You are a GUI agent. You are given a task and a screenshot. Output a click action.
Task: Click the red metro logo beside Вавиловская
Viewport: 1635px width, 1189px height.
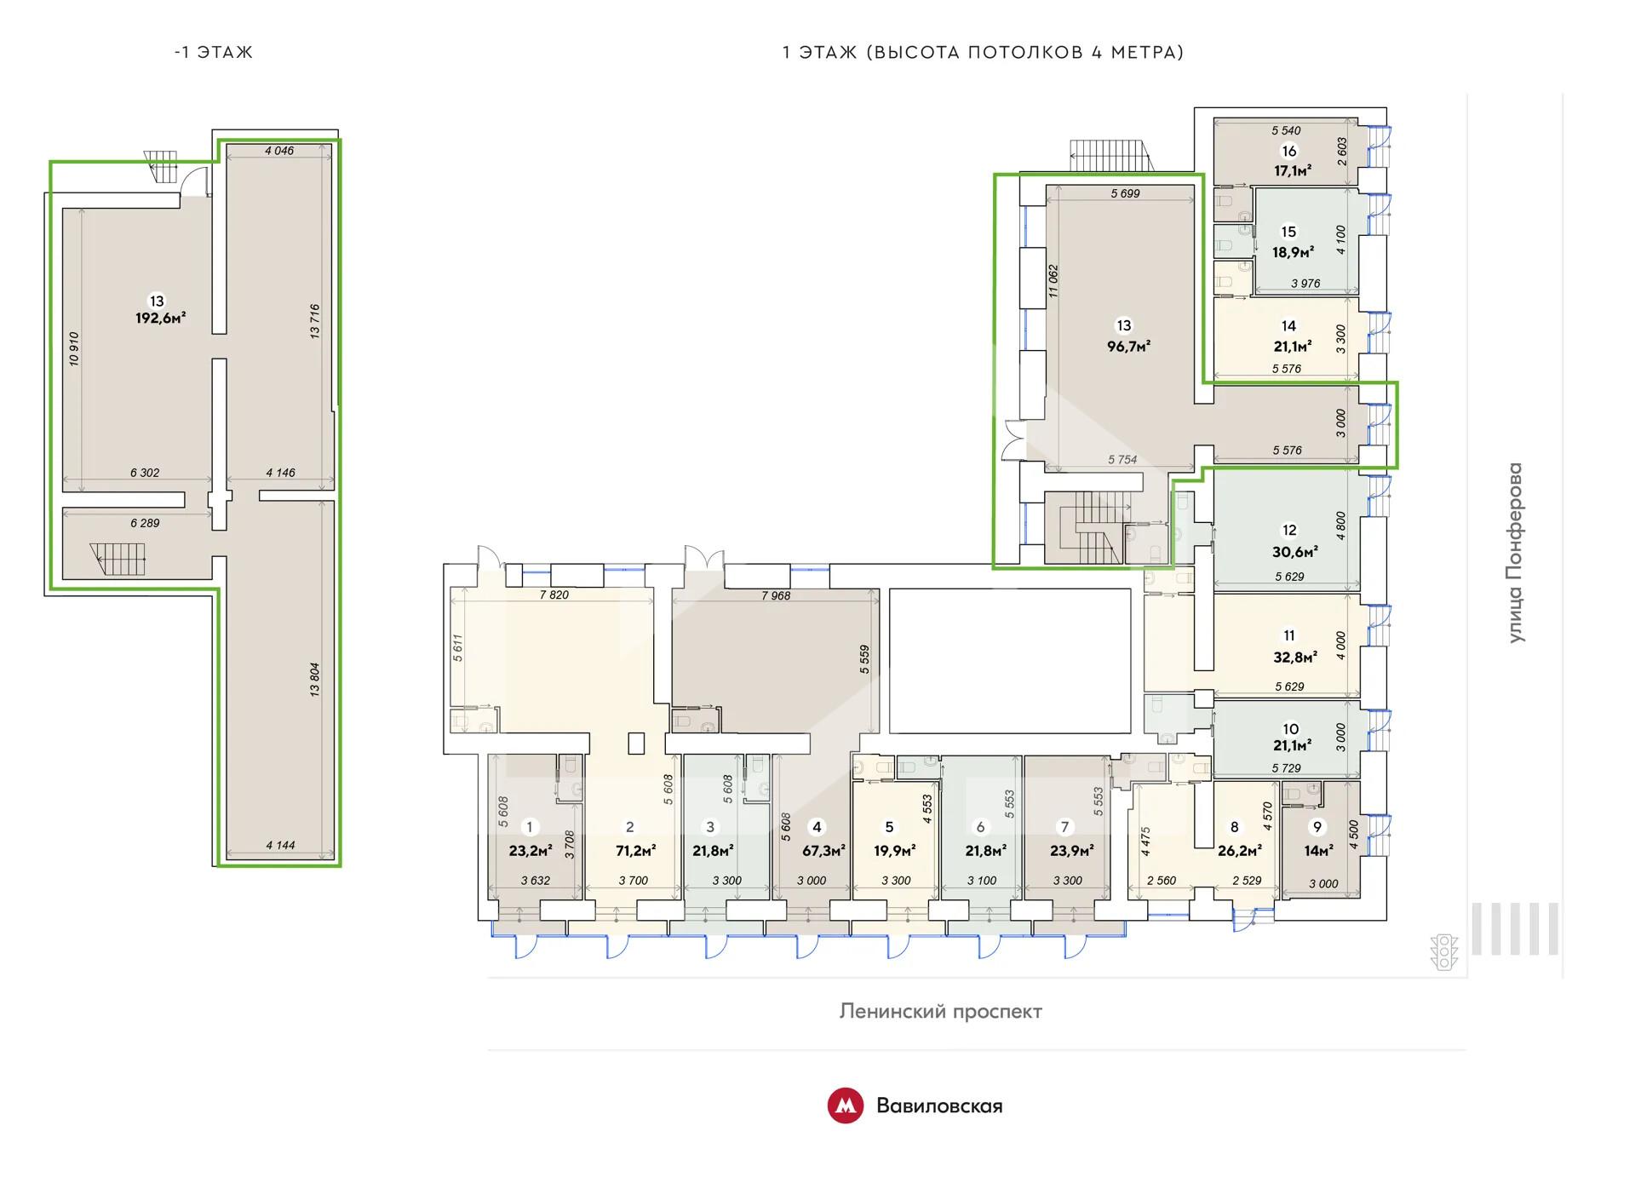click(x=846, y=1106)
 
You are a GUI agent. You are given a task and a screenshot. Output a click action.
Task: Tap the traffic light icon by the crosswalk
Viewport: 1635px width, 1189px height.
click(x=1444, y=952)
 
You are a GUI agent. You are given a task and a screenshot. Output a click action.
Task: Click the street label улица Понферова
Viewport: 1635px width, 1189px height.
click(x=1515, y=553)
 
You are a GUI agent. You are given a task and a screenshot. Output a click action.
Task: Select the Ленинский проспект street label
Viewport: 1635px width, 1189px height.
click(x=940, y=1012)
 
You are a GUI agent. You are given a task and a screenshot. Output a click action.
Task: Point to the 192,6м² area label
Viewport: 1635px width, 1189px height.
click(x=160, y=319)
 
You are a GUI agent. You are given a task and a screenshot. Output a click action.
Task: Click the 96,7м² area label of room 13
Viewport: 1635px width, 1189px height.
click(x=1129, y=347)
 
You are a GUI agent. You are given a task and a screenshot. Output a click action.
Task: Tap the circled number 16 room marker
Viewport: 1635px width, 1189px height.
click(x=1289, y=152)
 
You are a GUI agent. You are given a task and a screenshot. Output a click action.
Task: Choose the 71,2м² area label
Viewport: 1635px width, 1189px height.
click(x=635, y=850)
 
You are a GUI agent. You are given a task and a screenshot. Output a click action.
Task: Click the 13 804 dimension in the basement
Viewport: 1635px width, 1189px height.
click(x=315, y=680)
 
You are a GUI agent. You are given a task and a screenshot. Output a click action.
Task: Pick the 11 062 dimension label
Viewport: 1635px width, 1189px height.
click(x=1053, y=280)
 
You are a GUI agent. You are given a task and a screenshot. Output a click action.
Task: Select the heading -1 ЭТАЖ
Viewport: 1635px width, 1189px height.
click(x=213, y=52)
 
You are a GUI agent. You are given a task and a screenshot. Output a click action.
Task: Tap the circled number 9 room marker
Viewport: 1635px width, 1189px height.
click(x=1318, y=827)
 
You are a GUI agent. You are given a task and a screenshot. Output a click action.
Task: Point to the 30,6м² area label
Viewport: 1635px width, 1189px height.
click(x=1295, y=552)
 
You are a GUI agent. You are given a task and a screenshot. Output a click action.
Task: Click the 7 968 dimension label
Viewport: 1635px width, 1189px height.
click(x=776, y=596)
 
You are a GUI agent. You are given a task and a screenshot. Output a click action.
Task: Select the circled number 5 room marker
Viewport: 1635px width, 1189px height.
click(x=890, y=827)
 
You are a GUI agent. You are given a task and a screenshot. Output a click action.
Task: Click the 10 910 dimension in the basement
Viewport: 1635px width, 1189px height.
click(x=74, y=348)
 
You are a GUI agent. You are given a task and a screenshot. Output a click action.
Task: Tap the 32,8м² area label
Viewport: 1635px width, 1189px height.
click(x=1294, y=657)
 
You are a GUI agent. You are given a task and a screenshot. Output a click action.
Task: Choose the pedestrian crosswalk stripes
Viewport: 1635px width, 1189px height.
click(x=1515, y=928)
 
